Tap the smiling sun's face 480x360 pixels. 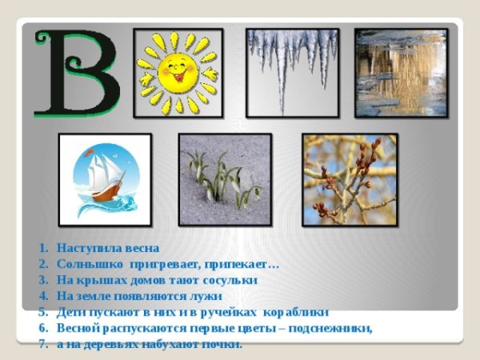point(177,72)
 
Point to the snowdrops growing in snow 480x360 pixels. point(225,179)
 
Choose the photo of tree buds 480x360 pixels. point(350,179)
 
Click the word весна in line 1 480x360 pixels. point(141,248)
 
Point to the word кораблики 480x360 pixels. point(296,312)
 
